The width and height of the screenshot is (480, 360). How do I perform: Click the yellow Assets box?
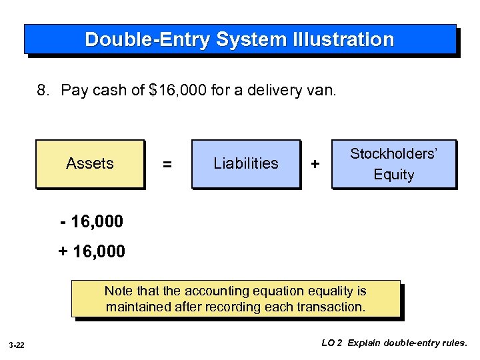[x=90, y=163]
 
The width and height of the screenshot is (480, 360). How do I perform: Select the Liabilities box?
[x=246, y=163]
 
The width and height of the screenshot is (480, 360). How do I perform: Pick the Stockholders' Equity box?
[x=393, y=164]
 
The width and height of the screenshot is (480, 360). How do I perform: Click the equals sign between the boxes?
[x=167, y=164]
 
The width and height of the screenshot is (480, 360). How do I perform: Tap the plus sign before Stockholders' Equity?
[x=315, y=164]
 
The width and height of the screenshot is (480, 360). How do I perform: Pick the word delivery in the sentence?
[x=274, y=90]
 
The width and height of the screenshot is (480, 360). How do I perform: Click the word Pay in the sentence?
[x=73, y=90]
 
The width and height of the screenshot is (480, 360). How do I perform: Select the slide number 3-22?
[x=17, y=345]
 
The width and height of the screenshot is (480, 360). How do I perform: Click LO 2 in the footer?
[x=332, y=343]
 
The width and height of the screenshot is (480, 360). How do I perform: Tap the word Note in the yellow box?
[x=117, y=291]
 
